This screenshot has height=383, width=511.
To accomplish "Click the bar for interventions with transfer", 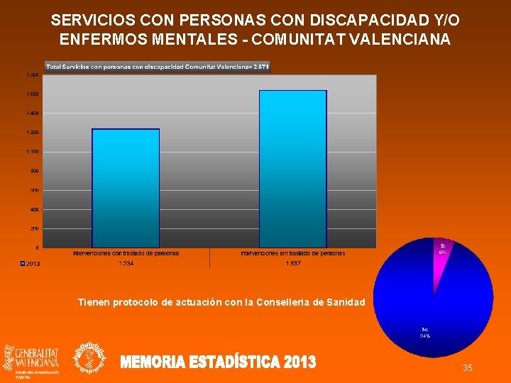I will [126, 188].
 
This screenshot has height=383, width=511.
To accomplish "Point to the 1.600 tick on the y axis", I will [33, 94].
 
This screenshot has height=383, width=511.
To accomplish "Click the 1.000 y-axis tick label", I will [33, 152].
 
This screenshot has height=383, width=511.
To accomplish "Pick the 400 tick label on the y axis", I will [34, 209].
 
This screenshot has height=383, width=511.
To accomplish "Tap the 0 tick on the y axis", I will [37, 248].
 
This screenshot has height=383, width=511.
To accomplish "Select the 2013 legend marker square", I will [23, 264].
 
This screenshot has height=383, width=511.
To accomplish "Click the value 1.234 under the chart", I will [126, 264].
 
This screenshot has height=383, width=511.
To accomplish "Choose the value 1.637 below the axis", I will [293, 264].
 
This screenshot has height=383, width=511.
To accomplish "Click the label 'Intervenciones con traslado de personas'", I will [126, 253].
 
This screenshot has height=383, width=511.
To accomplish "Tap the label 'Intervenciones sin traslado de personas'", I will [293, 253].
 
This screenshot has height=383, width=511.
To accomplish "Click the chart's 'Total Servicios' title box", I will [158, 67].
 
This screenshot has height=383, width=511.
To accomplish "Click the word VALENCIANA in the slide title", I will [402, 40].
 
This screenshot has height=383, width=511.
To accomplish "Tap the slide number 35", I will [468, 367].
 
